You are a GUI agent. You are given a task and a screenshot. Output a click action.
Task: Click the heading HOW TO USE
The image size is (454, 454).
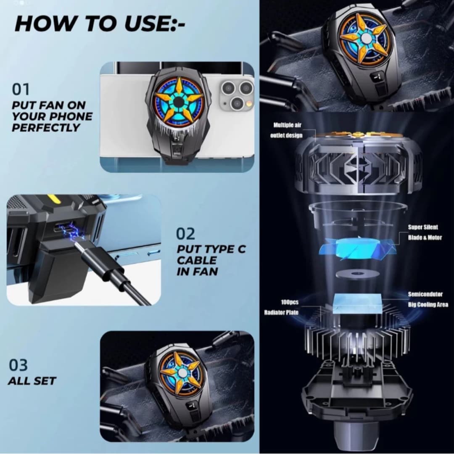(x=100, y=24)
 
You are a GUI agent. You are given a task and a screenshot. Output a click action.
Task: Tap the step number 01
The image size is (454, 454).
(x=21, y=90)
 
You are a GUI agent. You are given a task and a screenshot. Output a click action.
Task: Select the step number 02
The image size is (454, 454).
(x=185, y=234)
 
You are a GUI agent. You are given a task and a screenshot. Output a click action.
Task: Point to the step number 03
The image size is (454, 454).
(x=18, y=365)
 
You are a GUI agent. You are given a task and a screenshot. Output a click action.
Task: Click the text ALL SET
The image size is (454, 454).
(x=32, y=381)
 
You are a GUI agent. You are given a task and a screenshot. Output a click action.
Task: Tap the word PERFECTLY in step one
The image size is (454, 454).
(x=46, y=128)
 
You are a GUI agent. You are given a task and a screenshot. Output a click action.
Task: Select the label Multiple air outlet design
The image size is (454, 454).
(x=287, y=130)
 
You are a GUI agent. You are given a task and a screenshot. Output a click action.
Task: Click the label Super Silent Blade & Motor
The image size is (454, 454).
(x=425, y=232)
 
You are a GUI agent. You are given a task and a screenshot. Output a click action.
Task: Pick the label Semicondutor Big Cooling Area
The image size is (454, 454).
(x=428, y=299)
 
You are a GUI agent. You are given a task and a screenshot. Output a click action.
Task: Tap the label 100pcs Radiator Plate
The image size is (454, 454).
(x=281, y=307)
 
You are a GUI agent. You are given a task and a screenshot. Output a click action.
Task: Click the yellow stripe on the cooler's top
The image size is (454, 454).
(x=53, y=198)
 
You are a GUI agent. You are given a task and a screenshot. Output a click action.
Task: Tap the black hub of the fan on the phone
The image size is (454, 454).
(x=179, y=102)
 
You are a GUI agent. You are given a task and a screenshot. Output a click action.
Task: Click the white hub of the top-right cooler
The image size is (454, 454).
(x=365, y=38)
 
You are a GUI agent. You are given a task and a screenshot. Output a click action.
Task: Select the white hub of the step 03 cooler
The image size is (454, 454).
(x=182, y=372)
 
